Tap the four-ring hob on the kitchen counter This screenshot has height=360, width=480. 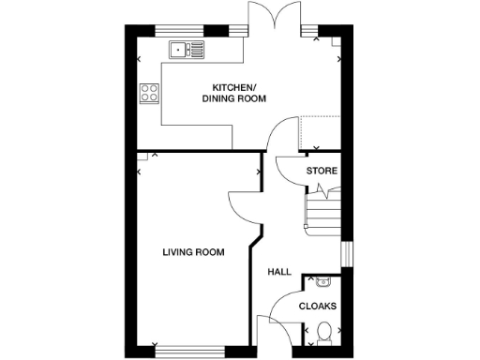[148, 92]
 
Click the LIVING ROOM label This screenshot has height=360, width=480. [193, 251]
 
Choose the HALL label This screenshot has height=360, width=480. [279, 272]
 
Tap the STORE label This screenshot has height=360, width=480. [322, 171]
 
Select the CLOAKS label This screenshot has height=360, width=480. [318, 306]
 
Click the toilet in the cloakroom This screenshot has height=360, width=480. [324, 332]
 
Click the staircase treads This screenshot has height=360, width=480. [322, 211]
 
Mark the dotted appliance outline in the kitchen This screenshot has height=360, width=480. [319, 131]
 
